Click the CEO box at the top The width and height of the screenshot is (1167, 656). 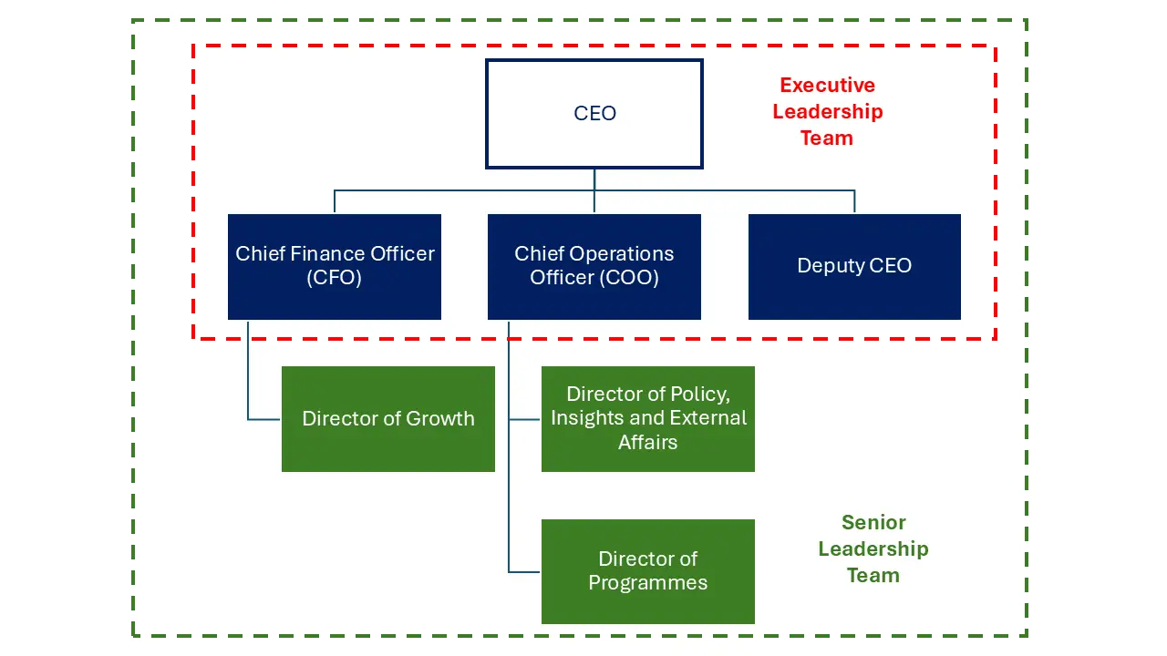(x=594, y=114)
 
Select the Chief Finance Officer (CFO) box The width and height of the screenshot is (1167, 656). (x=335, y=266)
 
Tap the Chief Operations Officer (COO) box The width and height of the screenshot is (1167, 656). (x=594, y=266)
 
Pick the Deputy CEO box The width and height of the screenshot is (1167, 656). (x=854, y=266)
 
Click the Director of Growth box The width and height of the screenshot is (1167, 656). (x=388, y=419)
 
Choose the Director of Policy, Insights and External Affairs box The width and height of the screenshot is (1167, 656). (x=648, y=419)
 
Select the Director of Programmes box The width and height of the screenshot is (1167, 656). (x=648, y=571)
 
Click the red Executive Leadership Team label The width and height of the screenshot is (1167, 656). (x=828, y=111)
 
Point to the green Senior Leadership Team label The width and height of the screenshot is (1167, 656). (x=873, y=548)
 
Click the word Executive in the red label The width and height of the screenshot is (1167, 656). (x=828, y=86)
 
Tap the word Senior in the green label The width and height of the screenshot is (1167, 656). (x=873, y=523)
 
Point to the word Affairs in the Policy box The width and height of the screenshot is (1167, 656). (x=648, y=443)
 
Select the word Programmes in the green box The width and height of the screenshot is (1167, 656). (x=648, y=583)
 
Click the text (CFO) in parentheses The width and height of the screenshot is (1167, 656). (x=335, y=278)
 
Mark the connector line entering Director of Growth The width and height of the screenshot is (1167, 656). (x=264, y=419)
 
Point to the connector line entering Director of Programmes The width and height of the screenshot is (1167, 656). (x=525, y=572)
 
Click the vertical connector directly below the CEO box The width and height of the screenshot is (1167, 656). (x=594, y=179)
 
